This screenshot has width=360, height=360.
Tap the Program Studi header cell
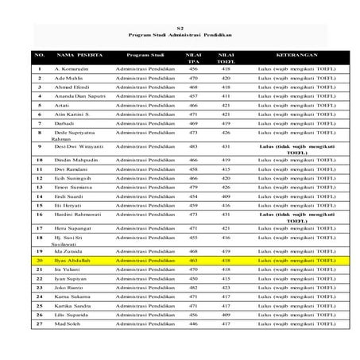pyautogui.click(x=145, y=55)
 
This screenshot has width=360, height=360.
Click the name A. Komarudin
pyautogui.click(x=71, y=69)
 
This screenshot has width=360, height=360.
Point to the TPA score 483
pyautogui.click(x=193, y=146)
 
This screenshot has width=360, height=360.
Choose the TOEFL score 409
pyautogui.click(x=226, y=195)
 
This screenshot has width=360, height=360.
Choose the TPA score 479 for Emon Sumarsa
pyautogui.click(x=193, y=186)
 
